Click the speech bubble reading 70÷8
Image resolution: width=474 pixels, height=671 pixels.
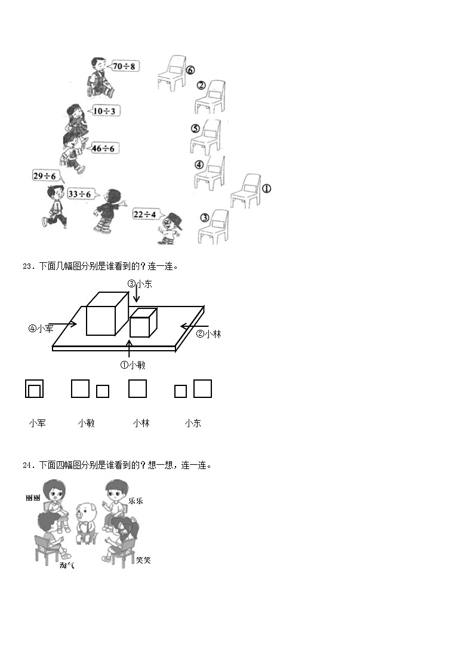click(124, 66)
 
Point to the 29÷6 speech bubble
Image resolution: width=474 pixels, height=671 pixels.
click(45, 176)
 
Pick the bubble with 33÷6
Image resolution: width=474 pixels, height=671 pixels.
click(79, 194)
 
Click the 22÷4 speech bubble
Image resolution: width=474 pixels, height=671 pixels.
click(144, 215)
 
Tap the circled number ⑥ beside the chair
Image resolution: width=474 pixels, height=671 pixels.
click(190, 69)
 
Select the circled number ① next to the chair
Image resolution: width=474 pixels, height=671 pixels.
click(266, 188)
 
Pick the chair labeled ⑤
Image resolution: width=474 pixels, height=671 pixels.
click(207, 137)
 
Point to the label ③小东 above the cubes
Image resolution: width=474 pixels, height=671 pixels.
click(140, 284)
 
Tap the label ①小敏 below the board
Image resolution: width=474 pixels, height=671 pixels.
click(133, 364)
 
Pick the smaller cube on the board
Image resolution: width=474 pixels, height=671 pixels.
click(143, 323)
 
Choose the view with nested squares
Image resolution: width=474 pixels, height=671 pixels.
click(35, 388)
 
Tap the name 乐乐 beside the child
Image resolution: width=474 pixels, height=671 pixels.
click(136, 501)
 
